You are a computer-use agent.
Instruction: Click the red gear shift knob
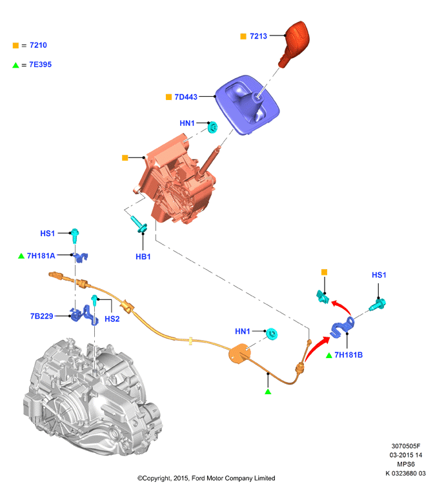(x=294, y=43)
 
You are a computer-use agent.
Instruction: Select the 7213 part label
(x=258, y=36)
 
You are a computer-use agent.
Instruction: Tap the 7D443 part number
(x=186, y=97)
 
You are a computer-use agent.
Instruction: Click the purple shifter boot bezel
(x=247, y=105)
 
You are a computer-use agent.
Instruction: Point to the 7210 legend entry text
(x=38, y=45)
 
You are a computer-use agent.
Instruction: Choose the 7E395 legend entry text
(x=41, y=65)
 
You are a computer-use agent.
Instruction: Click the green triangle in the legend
(x=15, y=65)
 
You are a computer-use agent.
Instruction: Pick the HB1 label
(x=143, y=257)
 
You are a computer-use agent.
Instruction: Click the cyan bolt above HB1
(x=139, y=225)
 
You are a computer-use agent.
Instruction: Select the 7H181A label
(x=41, y=256)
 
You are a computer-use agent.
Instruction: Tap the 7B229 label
(x=42, y=316)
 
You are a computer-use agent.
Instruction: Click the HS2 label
(x=112, y=319)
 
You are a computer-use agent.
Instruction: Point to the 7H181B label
(x=349, y=355)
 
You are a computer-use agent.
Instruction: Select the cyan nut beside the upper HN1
(x=213, y=127)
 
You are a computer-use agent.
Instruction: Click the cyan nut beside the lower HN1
(x=272, y=334)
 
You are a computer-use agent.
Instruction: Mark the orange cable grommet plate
(x=239, y=354)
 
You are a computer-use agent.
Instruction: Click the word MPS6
(x=406, y=464)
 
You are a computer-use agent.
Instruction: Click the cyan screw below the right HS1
(x=378, y=305)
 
